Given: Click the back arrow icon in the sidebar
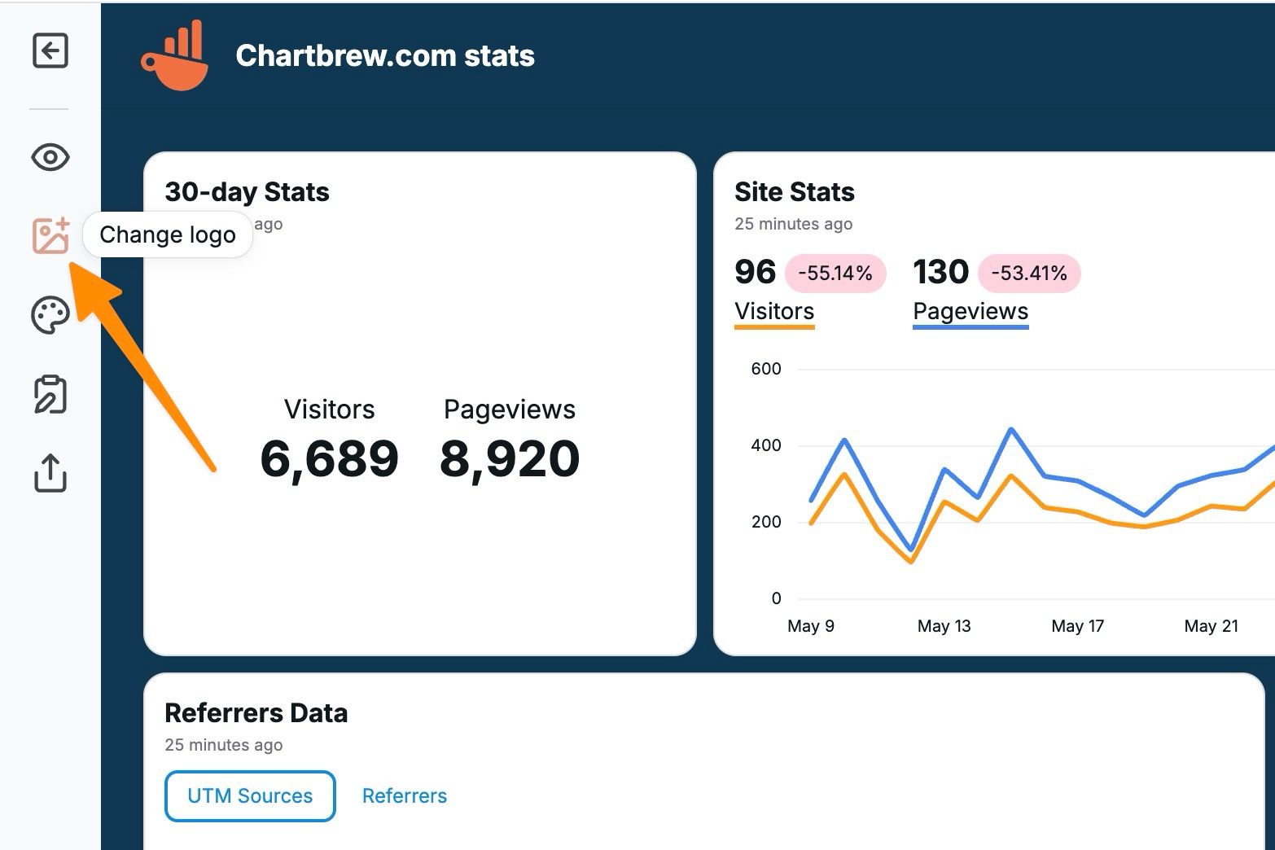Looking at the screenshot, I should [50, 51].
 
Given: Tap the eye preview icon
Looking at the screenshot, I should [50, 157].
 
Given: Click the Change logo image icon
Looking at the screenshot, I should [50, 236].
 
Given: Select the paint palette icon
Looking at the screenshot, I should [50, 315].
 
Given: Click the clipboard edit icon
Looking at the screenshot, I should [50, 394].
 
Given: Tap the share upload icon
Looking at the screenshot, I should [50, 473].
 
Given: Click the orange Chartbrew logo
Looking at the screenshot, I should [174, 55].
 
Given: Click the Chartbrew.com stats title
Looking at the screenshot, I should [384, 55].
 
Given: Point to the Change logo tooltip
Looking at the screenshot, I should [168, 235].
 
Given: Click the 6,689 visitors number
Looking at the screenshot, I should [329, 458].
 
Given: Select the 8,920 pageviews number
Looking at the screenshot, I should [510, 458].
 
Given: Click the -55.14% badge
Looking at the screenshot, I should [835, 273].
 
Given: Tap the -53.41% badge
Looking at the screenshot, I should [1028, 273].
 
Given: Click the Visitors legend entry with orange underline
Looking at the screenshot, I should [774, 312].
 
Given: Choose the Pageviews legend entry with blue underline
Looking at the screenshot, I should [970, 312].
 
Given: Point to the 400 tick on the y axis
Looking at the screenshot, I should [765, 445].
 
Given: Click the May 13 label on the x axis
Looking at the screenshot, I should [944, 626].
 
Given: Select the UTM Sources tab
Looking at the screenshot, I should [250, 796].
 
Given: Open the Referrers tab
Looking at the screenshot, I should [405, 796].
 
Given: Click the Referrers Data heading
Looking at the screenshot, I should [256, 713].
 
